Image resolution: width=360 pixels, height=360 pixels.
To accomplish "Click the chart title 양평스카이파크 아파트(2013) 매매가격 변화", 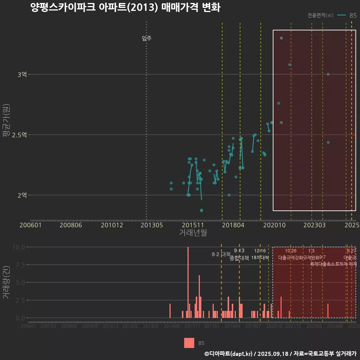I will pos(126,7).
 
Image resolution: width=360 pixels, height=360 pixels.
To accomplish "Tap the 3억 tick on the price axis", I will pos(22,75).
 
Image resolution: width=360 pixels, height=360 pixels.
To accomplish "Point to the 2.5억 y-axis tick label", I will pos(19,135).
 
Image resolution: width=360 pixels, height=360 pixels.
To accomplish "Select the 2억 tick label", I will pos(22,195).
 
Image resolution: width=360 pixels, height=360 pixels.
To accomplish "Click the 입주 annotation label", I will pos(147,38).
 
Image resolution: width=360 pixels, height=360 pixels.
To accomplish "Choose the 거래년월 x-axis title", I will pos(193,233).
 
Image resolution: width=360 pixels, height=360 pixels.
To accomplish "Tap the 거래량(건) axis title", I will pos(6,283).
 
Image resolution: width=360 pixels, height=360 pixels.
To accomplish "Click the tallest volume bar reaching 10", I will pos(188,282).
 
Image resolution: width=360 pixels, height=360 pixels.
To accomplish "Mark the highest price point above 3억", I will pos(281,38).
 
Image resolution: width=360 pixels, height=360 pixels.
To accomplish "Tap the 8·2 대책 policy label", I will pos(221,254).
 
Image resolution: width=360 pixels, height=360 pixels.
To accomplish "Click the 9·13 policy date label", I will pos(239,250).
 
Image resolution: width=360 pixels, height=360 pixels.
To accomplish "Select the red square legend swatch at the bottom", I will pos(189,343).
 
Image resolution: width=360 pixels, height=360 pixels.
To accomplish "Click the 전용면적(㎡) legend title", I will pos(320,15).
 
